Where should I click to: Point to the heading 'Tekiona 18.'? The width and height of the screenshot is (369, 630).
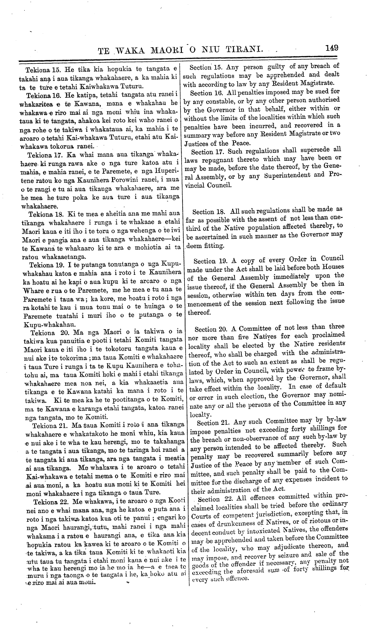point(46,214)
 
